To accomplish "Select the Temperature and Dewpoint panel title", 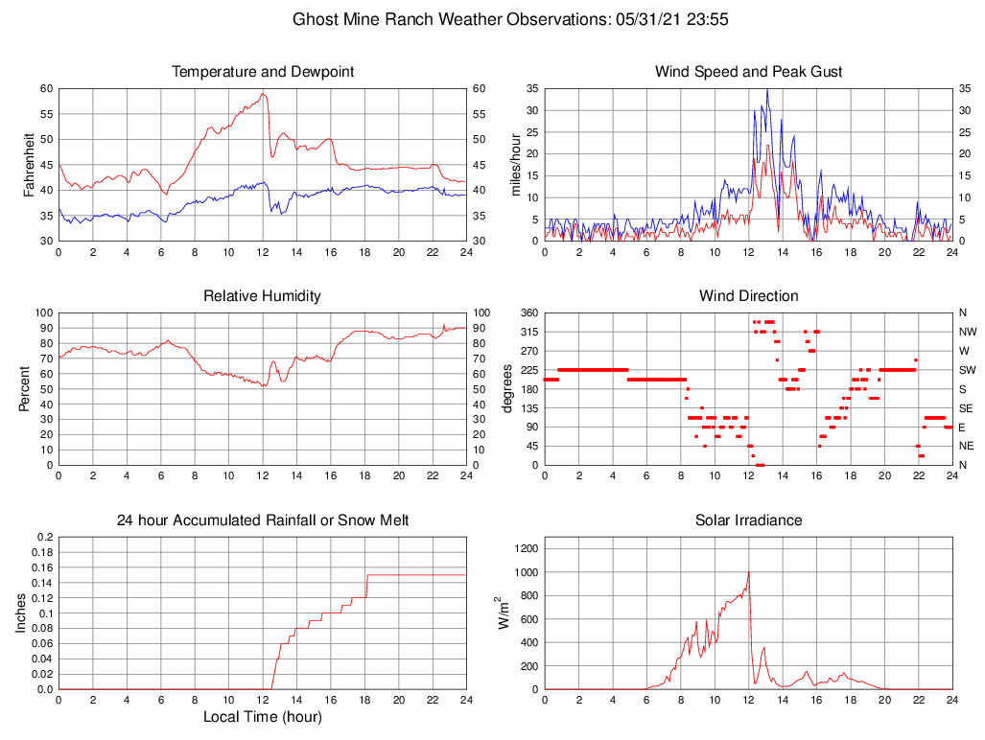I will click(x=263, y=72).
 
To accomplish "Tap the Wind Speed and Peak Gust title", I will click(x=748, y=72).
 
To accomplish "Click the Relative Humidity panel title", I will click(x=263, y=296).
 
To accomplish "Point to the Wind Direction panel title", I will click(x=748, y=296).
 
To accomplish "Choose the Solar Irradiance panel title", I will click(x=748, y=520).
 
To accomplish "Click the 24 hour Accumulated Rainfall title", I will click(x=263, y=520).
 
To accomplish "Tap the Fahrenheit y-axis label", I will click(x=30, y=165).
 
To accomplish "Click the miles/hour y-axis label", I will click(x=517, y=165).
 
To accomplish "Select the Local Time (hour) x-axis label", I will click(x=263, y=717).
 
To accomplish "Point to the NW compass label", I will click(x=967, y=332).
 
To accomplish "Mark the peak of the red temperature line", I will click(x=263, y=94).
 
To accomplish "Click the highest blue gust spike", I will click(x=767, y=89).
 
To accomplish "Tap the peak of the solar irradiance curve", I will click(x=748, y=572).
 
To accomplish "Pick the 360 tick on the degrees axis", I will click(x=527, y=312).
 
